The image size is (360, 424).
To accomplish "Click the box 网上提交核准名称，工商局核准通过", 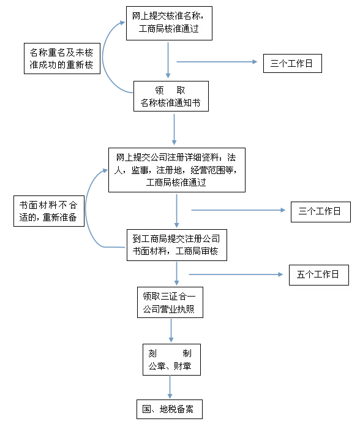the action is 169,23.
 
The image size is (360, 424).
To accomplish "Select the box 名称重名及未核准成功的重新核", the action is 62,58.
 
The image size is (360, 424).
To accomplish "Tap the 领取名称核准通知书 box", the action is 171,96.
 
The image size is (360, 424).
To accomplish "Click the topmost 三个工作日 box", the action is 293,63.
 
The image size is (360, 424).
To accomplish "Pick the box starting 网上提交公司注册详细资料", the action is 177,170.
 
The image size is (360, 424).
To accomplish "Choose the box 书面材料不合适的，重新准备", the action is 49,211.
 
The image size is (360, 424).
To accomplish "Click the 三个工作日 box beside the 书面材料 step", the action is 321,212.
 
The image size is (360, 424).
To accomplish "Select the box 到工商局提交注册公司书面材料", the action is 177,245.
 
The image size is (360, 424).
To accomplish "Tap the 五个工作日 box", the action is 319,275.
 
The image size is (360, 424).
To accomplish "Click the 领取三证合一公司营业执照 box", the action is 170,302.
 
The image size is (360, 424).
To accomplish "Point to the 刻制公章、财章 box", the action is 171,360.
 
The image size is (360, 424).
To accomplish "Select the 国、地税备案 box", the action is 170,409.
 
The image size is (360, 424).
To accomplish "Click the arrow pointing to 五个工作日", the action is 236,274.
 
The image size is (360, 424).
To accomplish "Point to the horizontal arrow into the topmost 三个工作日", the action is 217,62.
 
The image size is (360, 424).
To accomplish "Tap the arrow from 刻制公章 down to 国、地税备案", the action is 170,387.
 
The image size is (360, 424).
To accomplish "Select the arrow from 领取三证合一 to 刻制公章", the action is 171,330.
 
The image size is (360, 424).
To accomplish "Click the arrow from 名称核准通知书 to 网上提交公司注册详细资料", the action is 174,129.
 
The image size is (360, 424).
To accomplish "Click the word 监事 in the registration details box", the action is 140,170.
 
